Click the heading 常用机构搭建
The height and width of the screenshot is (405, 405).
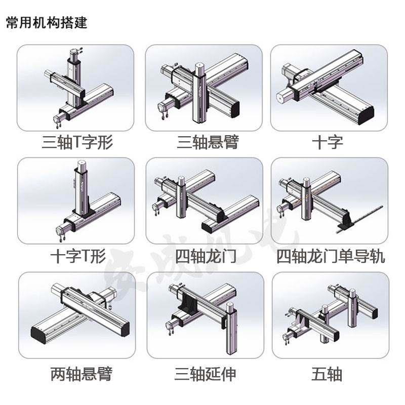click(x=47, y=23)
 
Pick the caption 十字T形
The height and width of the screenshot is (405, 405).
click(x=77, y=256)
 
